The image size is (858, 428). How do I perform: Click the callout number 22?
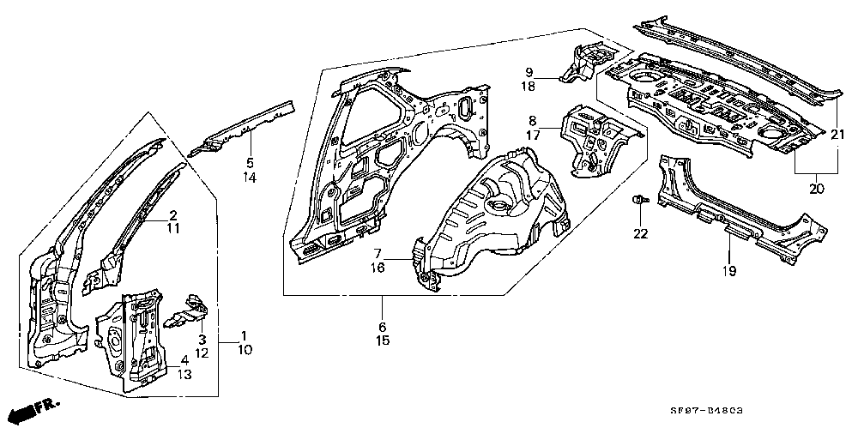641,233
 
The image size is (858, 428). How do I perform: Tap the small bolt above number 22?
639,201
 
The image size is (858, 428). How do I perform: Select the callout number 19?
728,270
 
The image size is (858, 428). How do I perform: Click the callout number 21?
837,134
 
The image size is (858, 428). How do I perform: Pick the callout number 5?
250,163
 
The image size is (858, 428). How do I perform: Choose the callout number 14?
250,177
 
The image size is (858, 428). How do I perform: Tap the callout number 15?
383,341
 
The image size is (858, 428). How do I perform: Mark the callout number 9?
529,72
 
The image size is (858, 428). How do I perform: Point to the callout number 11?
173,228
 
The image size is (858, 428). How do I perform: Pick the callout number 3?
202,339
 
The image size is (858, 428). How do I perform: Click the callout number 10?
245,349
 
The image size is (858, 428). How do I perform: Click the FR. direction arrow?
34,410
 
